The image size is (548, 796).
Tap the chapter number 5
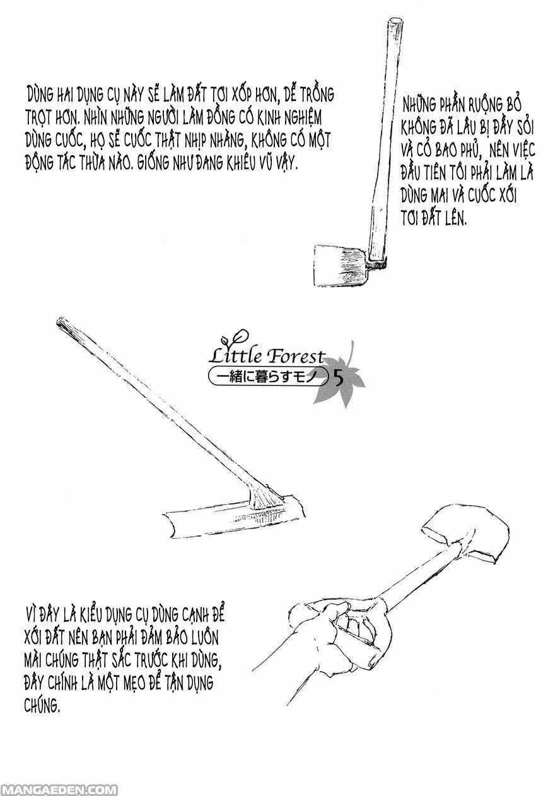339,378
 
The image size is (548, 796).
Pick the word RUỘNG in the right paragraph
482,105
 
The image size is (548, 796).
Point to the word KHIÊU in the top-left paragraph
242,163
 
